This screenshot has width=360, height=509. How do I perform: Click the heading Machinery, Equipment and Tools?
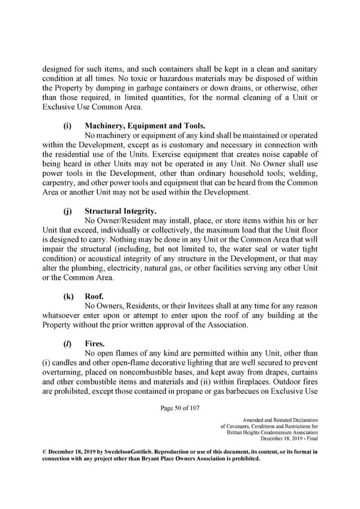tap(145, 125)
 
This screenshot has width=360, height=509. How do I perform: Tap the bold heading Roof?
tap(95, 295)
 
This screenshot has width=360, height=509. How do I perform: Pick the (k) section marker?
tap(68, 295)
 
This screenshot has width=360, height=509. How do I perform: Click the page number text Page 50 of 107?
tap(180, 409)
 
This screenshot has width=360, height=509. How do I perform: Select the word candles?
tap(68, 364)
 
